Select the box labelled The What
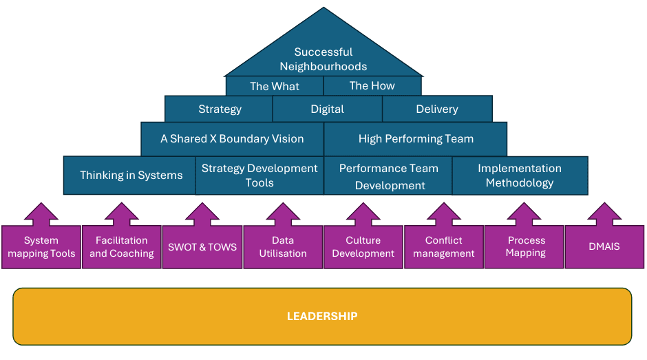point(275,86)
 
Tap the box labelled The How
point(372,86)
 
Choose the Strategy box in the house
point(220,109)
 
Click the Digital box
point(328,109)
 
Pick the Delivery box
point(437,109)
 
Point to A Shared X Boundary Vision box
point(232,139)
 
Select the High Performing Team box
point(416,139)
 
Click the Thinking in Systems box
point(131,175)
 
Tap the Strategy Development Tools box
point(259,176)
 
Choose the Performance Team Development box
point(389,176)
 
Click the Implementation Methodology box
point(520,176)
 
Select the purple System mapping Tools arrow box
point(41,246)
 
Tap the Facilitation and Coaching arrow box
point(122,246)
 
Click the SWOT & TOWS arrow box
point(202,246)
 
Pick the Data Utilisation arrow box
point(283,246)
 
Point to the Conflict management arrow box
point(444,246)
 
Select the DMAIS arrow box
point(604,246)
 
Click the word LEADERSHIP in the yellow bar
point(322,317)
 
